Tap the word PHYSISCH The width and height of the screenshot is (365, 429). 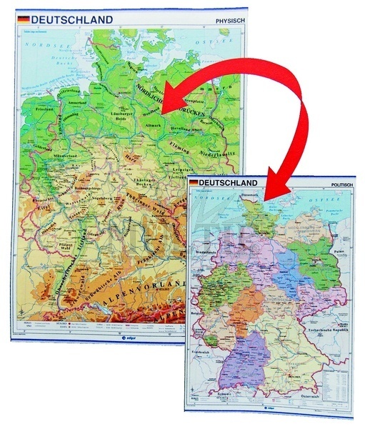[x=229, y=21]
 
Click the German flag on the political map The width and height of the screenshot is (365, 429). [x=194, y=183]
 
